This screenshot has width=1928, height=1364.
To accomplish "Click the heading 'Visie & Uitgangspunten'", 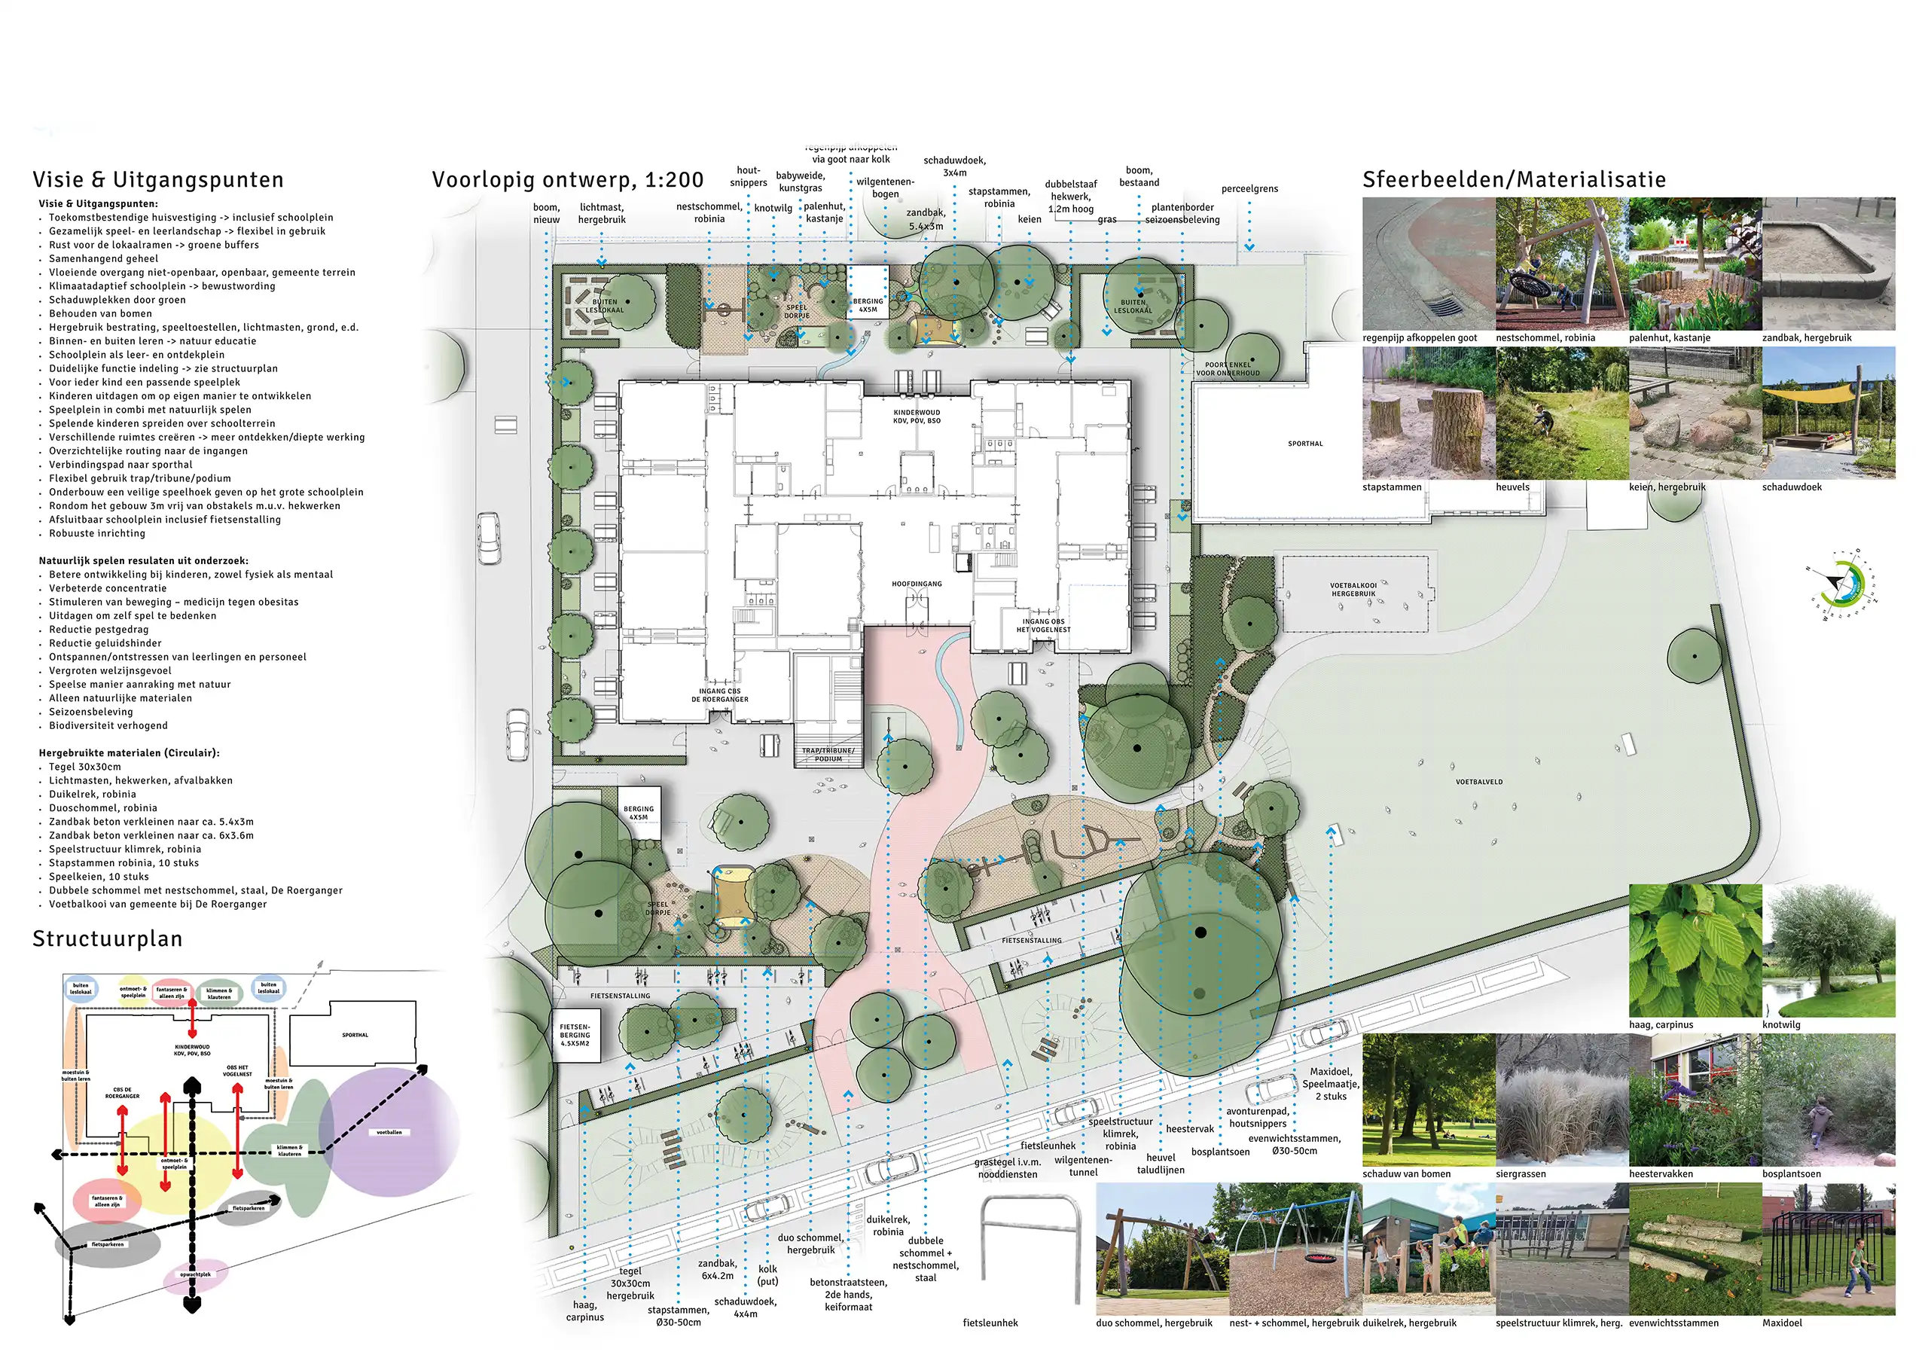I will coord(158,180).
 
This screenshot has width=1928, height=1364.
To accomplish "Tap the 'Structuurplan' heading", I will coord(108,939).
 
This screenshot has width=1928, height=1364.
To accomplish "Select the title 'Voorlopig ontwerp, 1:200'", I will coord(568,180).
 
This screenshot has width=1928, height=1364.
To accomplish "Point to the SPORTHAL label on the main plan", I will coord(1305,444).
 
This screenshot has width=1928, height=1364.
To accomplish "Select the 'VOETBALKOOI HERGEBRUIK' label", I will coord(1353,590).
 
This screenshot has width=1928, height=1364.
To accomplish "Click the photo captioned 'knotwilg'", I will coord(1828,950).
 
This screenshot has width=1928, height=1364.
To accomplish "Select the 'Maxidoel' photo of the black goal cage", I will coord(1828,1249).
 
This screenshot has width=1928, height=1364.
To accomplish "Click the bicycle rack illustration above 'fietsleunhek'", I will coord(1030,1252).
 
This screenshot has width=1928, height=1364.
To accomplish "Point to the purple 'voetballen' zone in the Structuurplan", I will coord(389,1125).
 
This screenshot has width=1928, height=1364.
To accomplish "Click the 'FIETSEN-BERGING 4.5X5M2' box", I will coord(575,1036).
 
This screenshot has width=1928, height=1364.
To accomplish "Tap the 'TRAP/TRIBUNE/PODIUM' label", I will coord(828,754).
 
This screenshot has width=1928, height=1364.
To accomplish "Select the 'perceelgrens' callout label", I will coord(1249,189).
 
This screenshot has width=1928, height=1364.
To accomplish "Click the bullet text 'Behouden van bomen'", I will coord(100,313).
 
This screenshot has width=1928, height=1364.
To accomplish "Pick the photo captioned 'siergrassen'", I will coord(1562,1100).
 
